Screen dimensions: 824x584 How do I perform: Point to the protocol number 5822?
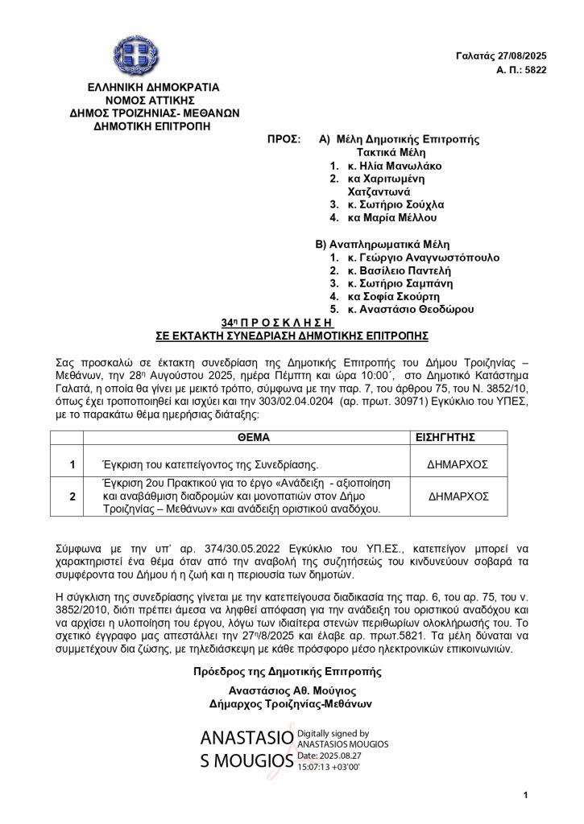(536, 70)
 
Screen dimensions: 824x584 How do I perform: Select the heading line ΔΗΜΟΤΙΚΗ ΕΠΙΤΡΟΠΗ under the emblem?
(133, 126)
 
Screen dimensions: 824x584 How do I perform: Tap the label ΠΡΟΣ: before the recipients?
(282, 139)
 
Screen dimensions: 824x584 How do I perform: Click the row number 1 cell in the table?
(72, 464)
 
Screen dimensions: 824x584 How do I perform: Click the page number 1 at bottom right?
(524, 796)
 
